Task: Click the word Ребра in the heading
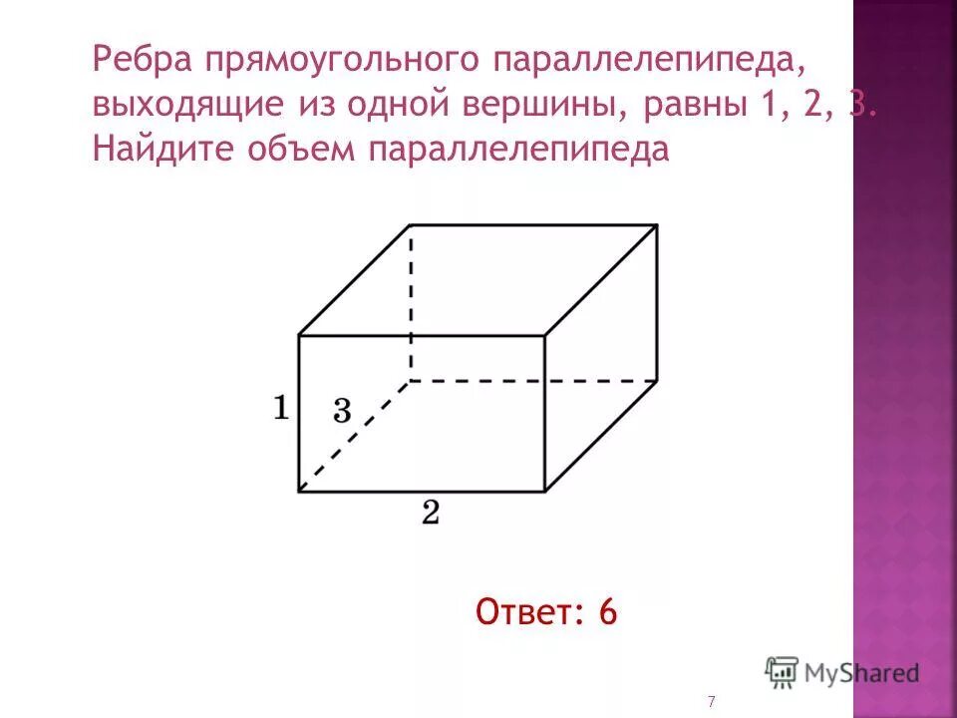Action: pyautogui.click(x=143, y=60)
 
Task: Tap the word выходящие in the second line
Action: pyautogui.click(x=177, y=105)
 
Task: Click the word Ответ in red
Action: pyautogui.click(x=525, y=611)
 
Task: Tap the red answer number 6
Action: pyautogui.click(x=608, y=611)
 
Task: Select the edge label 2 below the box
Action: pyautogui.click(x=431, y=513)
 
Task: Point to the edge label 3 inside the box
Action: pyautogui.click(x=341, y=410)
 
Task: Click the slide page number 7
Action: pyautogui.click(x=711, y=702)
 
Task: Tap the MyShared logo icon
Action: pyautogui.click(x=783, y=672)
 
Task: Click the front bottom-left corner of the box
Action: pyautogui.click(x=299, y=491)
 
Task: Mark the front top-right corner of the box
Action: pyautogui.click(x=544, y=335)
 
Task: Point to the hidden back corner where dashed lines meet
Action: pyautogui.click(x=411, y=380)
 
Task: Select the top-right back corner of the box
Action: pyautogui.click(x=656, y=225)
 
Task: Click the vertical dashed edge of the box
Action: pyautogui.click(x=411, y=299)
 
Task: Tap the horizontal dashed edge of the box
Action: pyautogui.click(x=533, y=380)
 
